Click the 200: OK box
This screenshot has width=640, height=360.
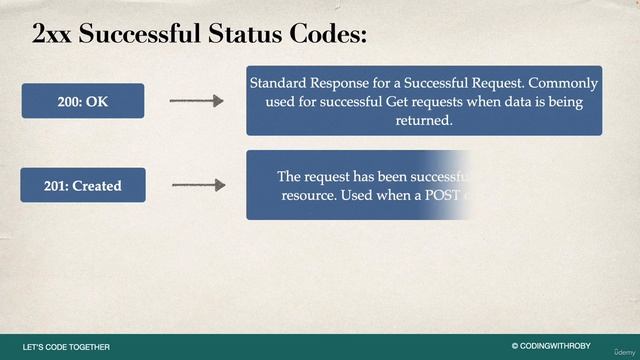(x=83, y=101)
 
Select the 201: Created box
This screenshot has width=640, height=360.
(x=83, y=185)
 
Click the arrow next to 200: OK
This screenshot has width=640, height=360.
(x=196, y=101)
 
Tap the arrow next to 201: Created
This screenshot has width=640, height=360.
(x=198, y=185)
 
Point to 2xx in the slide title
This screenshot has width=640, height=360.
(x=52, y=34)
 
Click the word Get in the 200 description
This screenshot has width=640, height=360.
(x=400, y=101)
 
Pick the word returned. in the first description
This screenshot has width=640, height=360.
(x=424, y=120)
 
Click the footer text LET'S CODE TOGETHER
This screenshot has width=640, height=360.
(x=66, y=347)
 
